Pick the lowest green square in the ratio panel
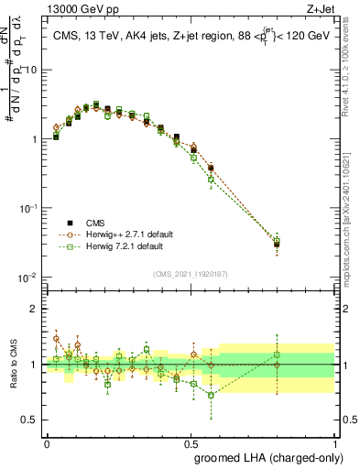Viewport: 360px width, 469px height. (211, 396)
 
